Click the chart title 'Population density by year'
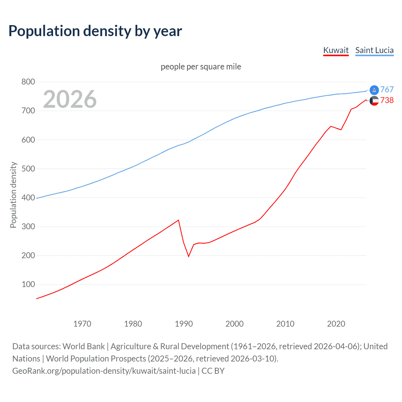(x=95, y=31)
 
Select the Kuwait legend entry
(x=336, y=50)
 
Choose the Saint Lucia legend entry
(x=374, y=50)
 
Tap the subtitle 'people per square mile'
(x=201, y=67)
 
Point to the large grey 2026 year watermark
(x=70, y=99)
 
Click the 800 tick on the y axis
(x=28, y=82)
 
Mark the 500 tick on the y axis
(x=28, y=169)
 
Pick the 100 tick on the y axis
(x=28, y=285)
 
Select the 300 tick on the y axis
(x=28, y=226)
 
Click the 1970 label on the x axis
(x=82, y=324)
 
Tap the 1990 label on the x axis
(x=184, y=324)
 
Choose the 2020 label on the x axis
(x=336, y=324)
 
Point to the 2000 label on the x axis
(x=235, y=324)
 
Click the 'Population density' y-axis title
(x=13, y=195)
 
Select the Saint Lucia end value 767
(x=387, y=90)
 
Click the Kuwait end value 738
(x=387, y=100)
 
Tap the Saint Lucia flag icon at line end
(x=374, y=90)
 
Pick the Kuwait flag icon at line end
(x=374, y=101)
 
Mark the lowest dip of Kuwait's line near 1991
(x=189, y=256)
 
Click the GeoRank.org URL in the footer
(x=104, y=371)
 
